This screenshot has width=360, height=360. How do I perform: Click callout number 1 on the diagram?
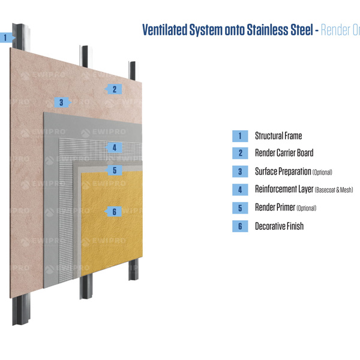coord(5,37)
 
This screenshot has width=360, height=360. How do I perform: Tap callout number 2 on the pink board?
coord(113,89)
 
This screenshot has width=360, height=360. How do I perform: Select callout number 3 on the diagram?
coord(61,102)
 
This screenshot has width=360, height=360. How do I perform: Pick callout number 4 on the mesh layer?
coord(113,147)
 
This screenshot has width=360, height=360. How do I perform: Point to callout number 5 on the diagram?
coord(114,170)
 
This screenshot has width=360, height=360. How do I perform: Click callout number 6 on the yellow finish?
coord(114,211)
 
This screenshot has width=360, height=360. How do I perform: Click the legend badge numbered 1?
coord(239,136)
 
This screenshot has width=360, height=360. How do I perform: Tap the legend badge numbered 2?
coord(239,154)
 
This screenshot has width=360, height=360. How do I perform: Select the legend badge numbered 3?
coord(239,172)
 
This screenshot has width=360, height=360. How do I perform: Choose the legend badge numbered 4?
coord(239,190)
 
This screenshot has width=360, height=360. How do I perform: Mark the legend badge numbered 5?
coord(239,208)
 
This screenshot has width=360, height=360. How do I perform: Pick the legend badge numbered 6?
coord(239,226)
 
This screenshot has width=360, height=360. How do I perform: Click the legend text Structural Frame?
coord(278,136)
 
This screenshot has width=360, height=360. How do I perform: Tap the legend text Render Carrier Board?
coord(284,154)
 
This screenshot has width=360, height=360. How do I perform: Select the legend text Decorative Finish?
coord(279,226)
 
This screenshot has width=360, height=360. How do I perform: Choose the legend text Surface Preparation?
coord(283,172)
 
